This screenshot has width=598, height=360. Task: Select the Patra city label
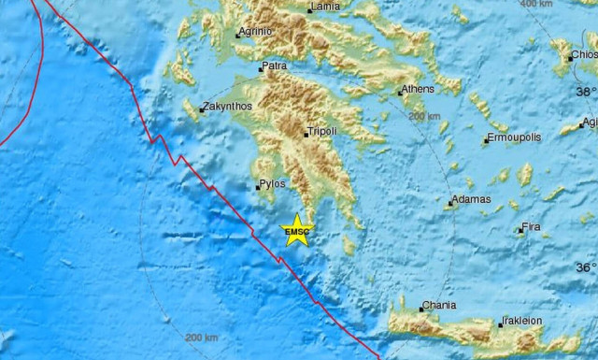pos(275,67)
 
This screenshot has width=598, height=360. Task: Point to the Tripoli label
pos(321,132)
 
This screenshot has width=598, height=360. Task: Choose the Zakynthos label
pos(228,107)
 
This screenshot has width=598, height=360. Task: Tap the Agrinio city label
pos(255,31)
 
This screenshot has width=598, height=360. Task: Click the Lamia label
pos(325,7)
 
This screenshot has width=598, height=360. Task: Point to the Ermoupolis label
pos(514,138)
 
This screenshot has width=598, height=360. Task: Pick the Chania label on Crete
pos(439,306)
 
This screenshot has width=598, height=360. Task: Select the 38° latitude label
pos(585,92)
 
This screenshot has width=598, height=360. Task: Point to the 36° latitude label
pos(585,266)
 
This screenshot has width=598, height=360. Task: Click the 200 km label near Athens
pos(424,116)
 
